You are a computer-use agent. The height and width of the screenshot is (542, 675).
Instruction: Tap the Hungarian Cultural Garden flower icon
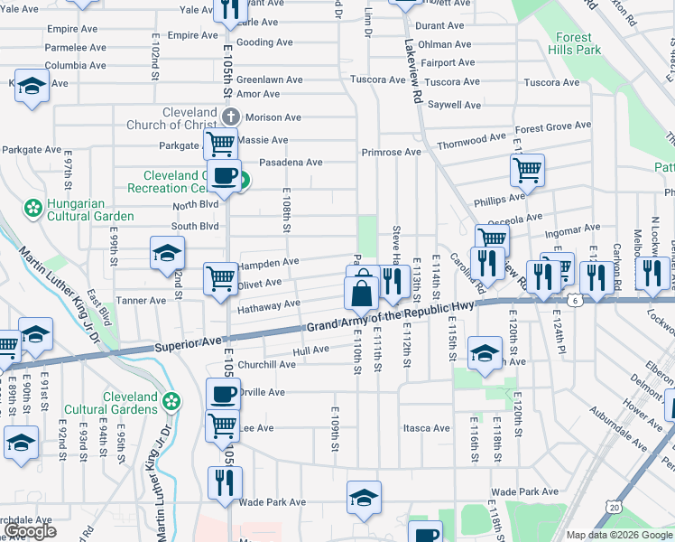(x=33, y=209)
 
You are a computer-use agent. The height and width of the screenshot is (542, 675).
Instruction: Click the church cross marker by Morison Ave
(x=231, y=117)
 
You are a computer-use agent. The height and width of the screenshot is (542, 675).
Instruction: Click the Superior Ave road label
(x=188, y=344)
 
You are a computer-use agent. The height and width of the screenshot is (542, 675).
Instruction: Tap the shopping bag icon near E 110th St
(x=361, y=294)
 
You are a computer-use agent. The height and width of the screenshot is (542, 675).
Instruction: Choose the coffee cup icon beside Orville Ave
(x=223, y=395)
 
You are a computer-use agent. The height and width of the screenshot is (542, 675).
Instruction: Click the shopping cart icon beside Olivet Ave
(x=220, y=278)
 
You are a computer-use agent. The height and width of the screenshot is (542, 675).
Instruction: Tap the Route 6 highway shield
(x=572, y=299)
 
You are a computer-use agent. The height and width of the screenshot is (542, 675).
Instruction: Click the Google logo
(x=31, y=531)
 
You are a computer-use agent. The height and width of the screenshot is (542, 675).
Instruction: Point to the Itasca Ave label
(x=426, y=428)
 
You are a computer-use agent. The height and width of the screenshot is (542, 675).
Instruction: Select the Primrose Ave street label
(x=391, y=153)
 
